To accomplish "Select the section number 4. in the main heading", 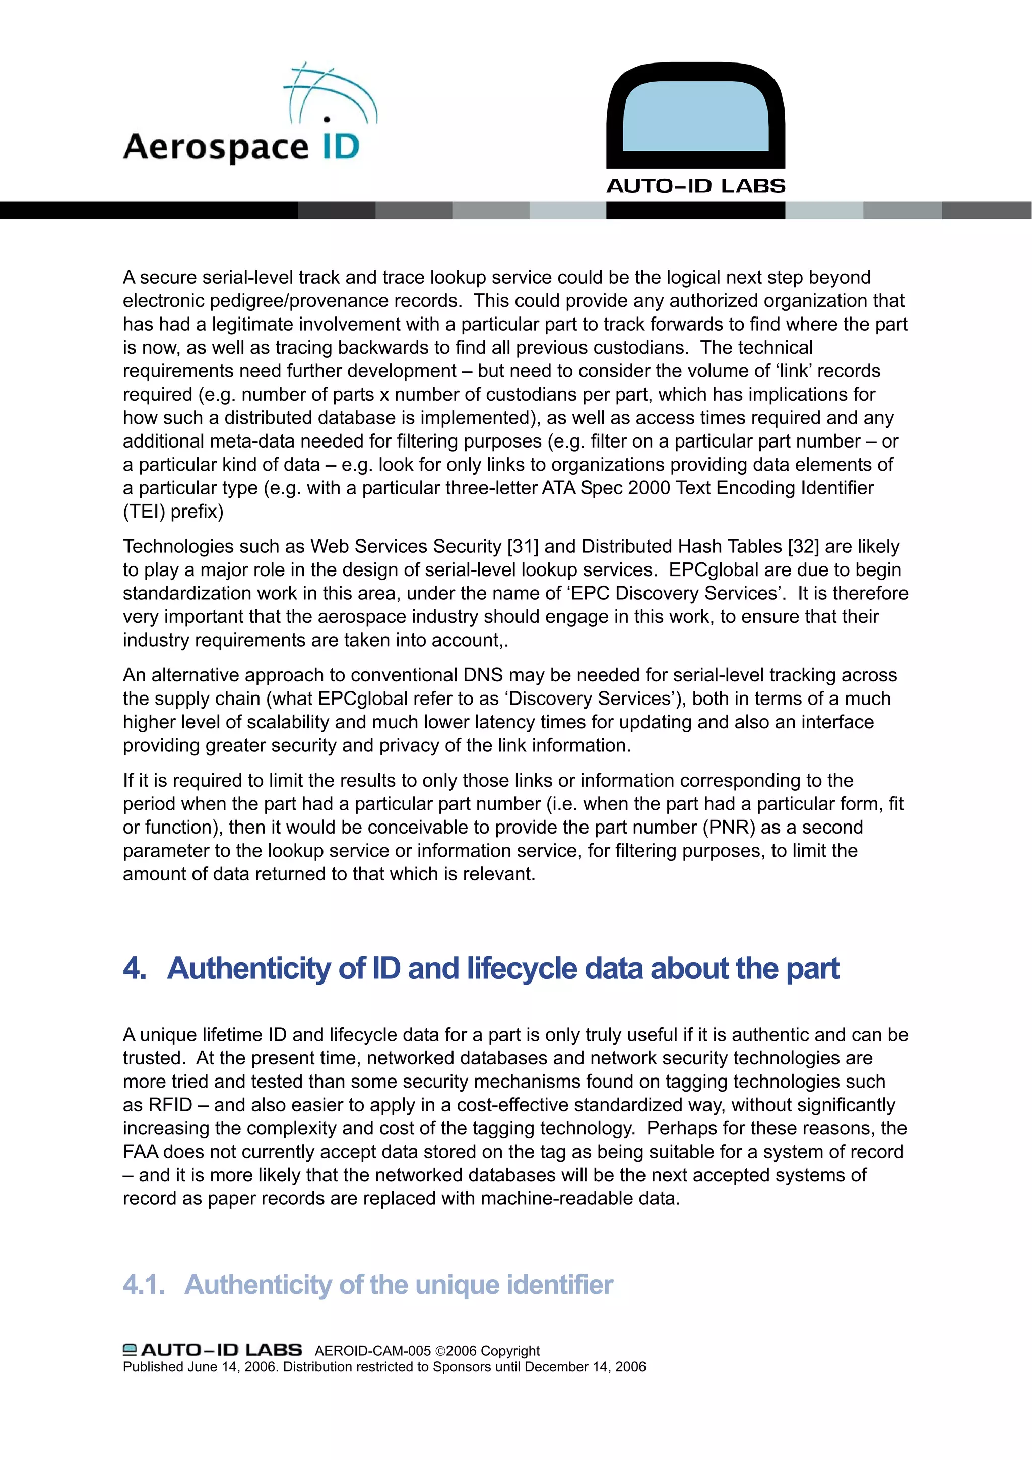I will [x=135, y=969].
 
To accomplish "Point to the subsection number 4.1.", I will [x=144, y=1285].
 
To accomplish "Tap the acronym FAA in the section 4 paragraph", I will [x=141, y=1152].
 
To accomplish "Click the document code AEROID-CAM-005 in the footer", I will [x=372, y=1351].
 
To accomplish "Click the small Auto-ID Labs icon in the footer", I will [x=130, y=1349].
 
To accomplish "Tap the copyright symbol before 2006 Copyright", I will [x=439, y=1351].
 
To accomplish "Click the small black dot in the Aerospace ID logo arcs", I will [x=327, y=119].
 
